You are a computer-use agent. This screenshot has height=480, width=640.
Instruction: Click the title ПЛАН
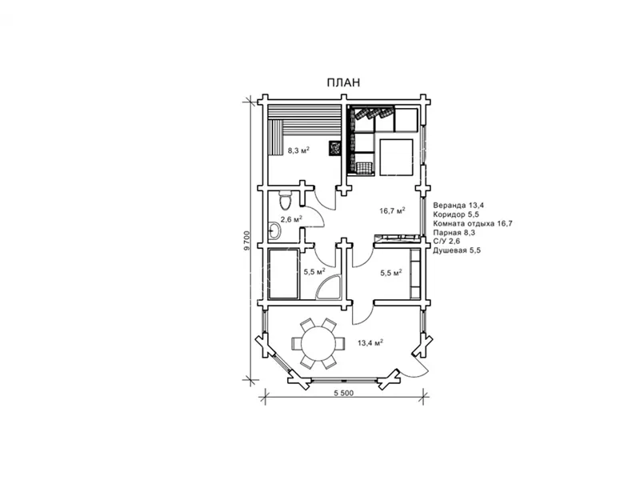(x=343, y=82)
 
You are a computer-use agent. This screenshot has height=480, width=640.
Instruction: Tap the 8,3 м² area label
(x=298, y=150)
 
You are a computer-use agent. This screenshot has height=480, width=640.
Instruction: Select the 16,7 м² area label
(x=392, y=211)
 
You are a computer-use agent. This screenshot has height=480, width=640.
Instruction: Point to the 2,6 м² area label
(x=291, y=219)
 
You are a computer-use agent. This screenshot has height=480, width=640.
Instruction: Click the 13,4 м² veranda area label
(x=370, y=343)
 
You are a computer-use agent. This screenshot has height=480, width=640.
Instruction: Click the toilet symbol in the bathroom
(x=285, y=201)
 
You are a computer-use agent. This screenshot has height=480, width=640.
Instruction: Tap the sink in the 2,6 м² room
(x=274, y=231)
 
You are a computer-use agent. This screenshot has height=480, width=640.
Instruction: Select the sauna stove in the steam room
(x=334, y=148)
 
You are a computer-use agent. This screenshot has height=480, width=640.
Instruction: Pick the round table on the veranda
(x=317, y=343)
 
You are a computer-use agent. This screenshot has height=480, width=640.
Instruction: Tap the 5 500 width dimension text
(x=344, y=394)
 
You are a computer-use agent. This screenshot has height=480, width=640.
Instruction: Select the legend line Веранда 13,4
(x=458, y=206)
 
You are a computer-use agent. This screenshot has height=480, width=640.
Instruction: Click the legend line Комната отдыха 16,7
(x=473, y=223)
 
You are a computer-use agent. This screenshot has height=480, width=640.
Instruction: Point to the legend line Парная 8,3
(x=454, y=233)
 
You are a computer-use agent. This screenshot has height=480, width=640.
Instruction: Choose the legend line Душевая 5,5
(x=457, y=250)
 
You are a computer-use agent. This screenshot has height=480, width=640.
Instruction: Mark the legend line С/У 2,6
(x=446, y=242)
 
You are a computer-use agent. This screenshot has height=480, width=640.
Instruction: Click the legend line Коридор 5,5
(x=456, y=214)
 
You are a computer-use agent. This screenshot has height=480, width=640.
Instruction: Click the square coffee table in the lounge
(x=396, y=157)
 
